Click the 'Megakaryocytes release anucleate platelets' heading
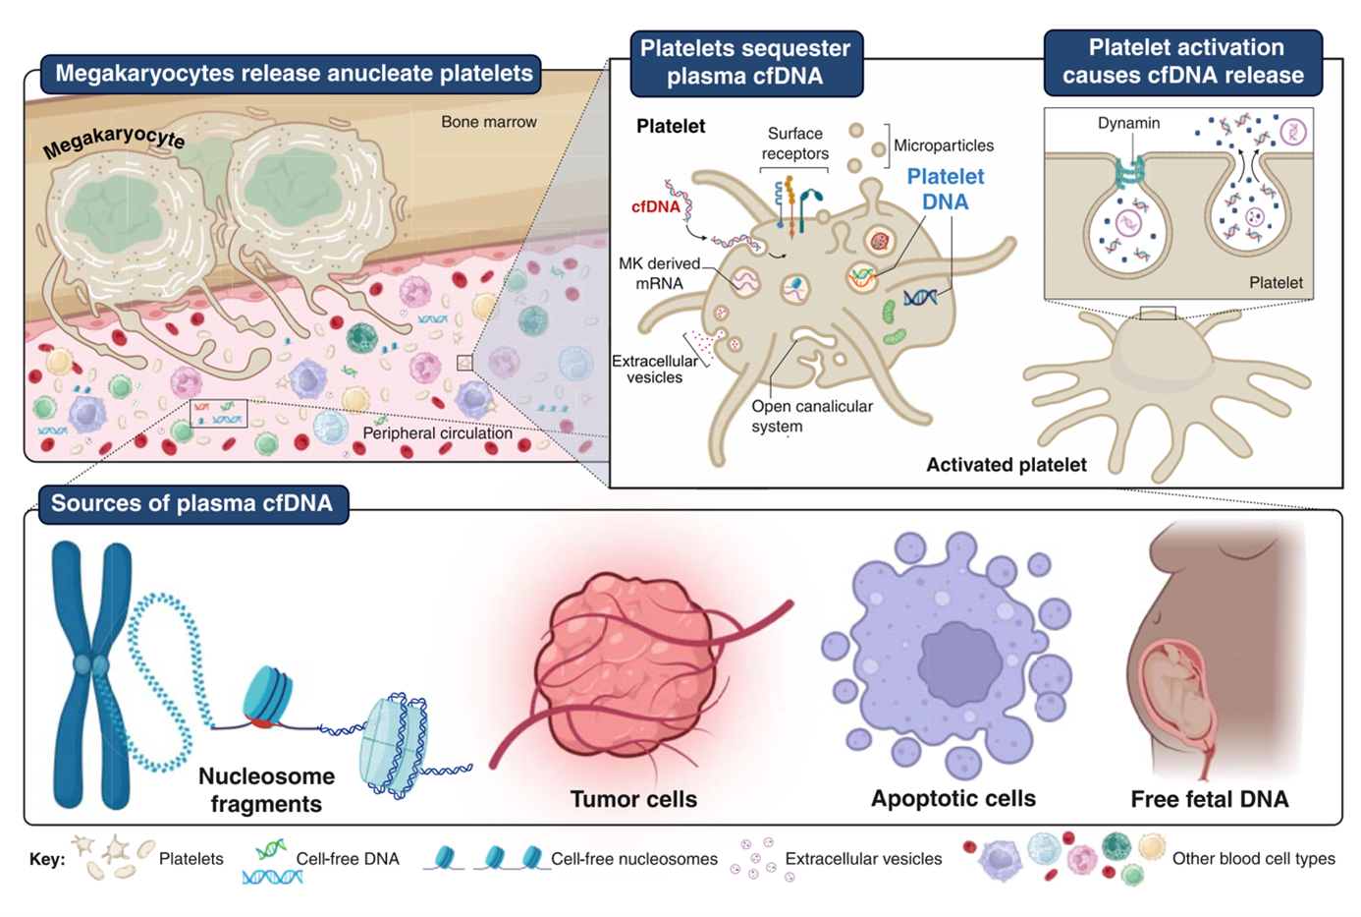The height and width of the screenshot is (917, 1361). [294, 74]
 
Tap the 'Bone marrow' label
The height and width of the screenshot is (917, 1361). [488, 122]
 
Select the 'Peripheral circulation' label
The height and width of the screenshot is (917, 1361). [437, 433]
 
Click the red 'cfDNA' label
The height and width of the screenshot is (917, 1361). [655, 206]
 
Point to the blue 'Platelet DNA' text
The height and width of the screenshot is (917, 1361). [945, 189]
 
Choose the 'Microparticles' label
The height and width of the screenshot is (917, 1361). [943, 145]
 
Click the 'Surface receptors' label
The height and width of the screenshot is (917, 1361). [794, 143]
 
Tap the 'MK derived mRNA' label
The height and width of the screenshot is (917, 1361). [659, 273]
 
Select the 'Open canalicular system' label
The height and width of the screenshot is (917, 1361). [811, 416]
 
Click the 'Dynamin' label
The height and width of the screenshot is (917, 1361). [1128, 123]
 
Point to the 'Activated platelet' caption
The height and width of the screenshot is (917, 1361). [1006, 465]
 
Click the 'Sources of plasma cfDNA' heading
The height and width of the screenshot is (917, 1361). [192, 504]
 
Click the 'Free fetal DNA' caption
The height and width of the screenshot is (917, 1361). [1209, 799]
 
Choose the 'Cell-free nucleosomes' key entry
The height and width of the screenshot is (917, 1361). [633, 859]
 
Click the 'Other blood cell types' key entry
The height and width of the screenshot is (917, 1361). [1253, 859]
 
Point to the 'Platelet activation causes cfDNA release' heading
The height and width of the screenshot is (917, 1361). [1183, 61]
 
